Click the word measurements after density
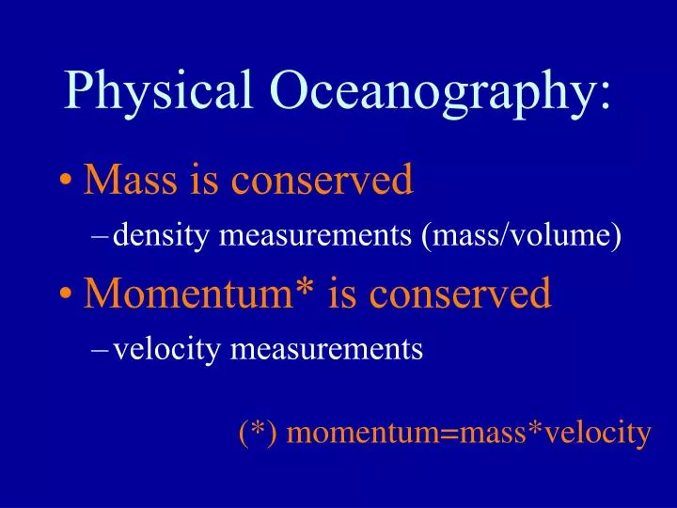click(310, 235)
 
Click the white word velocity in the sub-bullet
click(165, 350)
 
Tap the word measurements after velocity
click(325, 350)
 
